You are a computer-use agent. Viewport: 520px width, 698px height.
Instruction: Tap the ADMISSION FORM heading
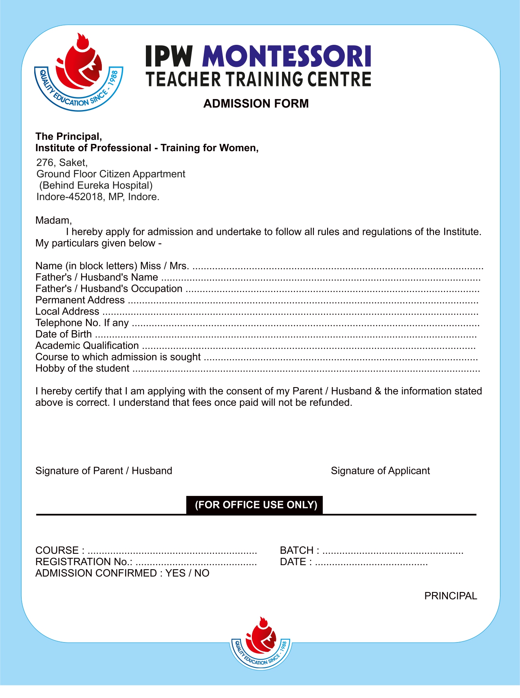[x=256, y=103]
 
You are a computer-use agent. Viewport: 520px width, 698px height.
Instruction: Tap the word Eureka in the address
[x=93, y=185]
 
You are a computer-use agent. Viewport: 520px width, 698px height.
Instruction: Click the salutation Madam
[x=53, y=220]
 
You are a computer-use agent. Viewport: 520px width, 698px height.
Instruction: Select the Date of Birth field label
[x=64, y=334]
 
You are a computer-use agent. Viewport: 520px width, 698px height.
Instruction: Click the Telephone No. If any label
[x=82, y=323]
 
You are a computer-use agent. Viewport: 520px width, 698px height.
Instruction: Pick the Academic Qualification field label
[x=87, y=346]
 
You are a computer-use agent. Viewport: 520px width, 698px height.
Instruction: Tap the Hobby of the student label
[x=82, y=368]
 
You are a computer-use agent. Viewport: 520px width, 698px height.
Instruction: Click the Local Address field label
[x=67, y=311]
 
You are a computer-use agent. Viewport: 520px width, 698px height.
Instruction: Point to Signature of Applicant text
[x=380, y=471]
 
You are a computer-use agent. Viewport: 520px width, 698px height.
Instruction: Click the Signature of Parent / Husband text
[x=104, y=471]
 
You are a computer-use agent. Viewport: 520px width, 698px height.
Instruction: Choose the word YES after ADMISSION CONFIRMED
[x=175, y=573]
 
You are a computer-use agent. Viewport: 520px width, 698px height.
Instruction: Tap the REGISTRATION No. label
[x=84, y=561]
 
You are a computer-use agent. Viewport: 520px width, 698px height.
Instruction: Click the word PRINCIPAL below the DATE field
[x=450, y=596]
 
